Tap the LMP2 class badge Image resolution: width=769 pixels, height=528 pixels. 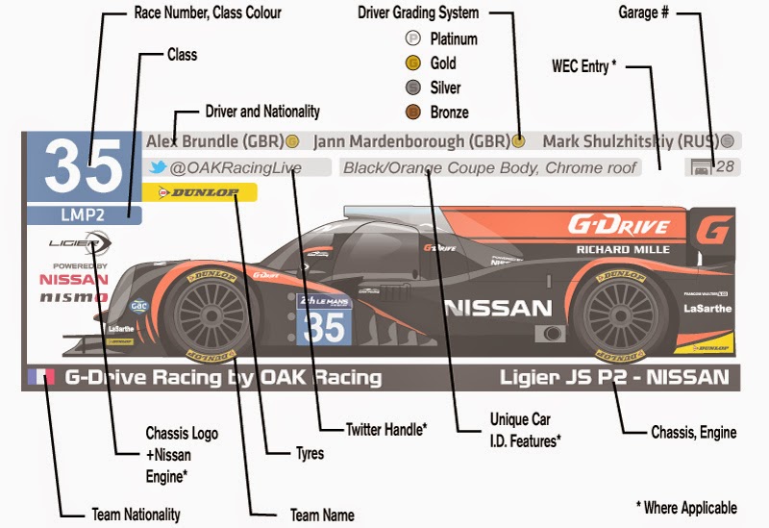[84, 214]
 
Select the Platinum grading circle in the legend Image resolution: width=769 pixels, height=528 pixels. [412, 39]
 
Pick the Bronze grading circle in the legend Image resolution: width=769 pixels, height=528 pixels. [412, 112]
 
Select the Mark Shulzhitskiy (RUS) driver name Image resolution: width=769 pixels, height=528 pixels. [630, 141]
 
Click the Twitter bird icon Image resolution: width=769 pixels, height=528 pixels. [157, 167]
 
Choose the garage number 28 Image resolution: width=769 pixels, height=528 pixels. [725, 167]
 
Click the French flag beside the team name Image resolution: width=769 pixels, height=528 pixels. [41, 376]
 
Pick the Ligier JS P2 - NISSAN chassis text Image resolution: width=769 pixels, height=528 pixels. [614, 377]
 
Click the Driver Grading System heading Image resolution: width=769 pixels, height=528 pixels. [417, 13]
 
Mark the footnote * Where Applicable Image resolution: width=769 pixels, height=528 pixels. [686, 507]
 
